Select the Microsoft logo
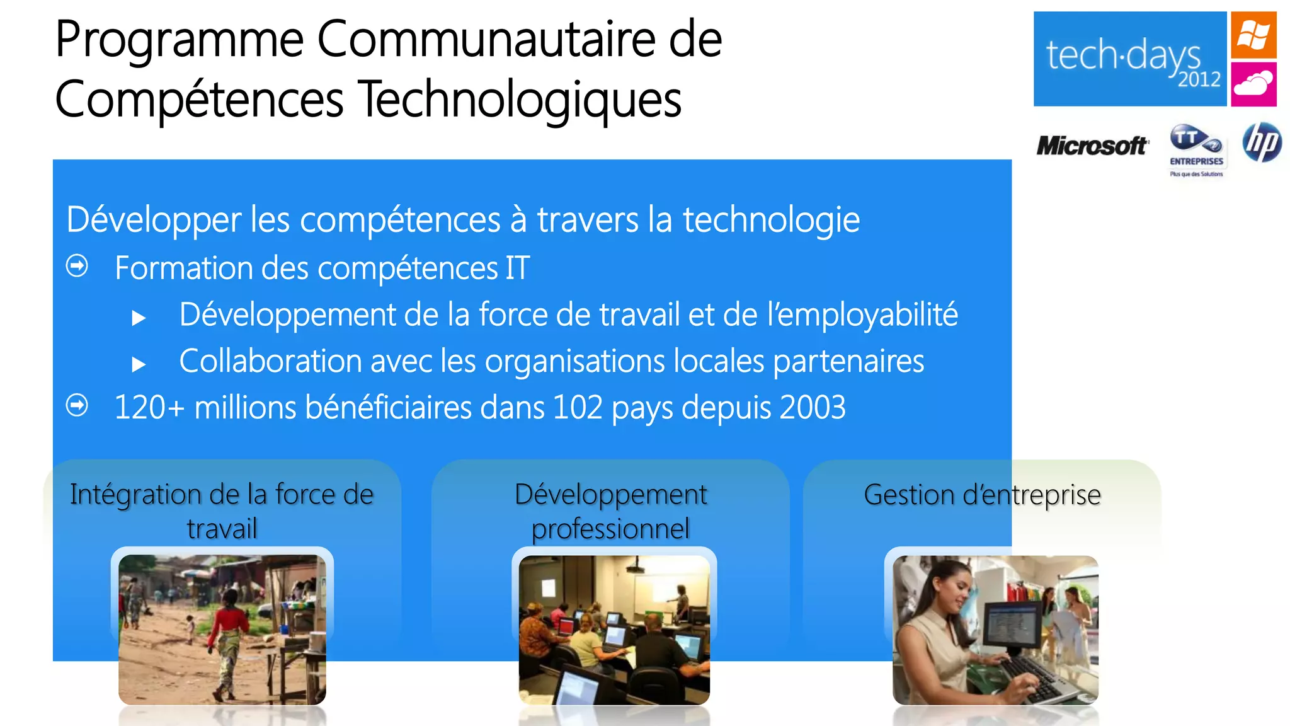(1092, 146)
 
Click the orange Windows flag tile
(1253, 35)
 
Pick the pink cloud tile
(1253, 84)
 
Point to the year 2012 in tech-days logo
(1199, 80)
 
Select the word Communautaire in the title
(486, 39)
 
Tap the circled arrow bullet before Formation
(77, 266)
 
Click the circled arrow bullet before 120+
(77, 405)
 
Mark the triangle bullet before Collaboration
(139, 364)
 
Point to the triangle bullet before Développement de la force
(139, 318)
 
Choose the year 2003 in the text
(813, 407)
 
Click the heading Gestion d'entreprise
(982, 495)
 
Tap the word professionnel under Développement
(610, 529)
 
